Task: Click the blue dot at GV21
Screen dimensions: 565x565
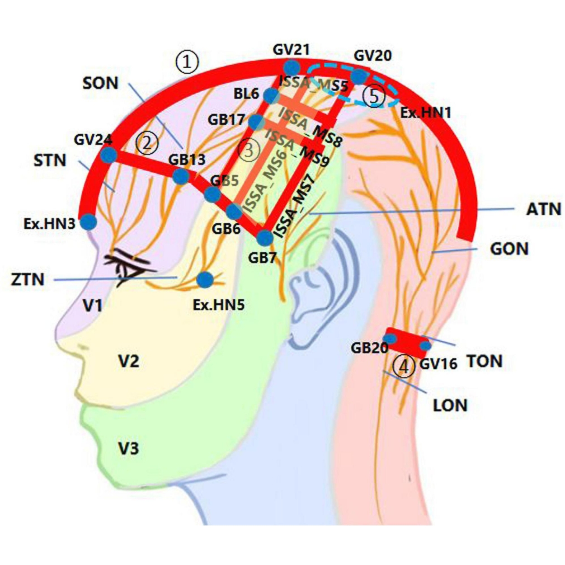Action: click(293, 68)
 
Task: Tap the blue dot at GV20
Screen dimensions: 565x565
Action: click(358, 76)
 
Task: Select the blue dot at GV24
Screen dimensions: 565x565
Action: click(108, 155)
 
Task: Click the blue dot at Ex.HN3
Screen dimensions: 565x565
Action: click(89, 222)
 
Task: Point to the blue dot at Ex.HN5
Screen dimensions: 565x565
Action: click(205, 280)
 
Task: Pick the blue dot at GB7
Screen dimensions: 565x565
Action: click(264, 237)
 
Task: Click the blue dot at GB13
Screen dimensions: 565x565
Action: click(181, 176)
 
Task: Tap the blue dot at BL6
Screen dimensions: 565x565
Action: click(271, 96)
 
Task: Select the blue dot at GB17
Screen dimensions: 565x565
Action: click(256, 121)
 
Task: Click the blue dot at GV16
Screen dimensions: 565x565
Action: click(425, 346)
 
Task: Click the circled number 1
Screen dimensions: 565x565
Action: click(187, 62)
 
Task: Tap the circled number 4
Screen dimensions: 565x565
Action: click(403, 367)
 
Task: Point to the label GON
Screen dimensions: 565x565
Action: click(509, 249)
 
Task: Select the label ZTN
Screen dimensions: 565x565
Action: click(28, 280)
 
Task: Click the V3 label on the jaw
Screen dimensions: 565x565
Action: click(128, 448)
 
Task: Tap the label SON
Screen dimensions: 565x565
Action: click(100, 83)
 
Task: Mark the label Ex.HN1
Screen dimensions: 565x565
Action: click(426, 113)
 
